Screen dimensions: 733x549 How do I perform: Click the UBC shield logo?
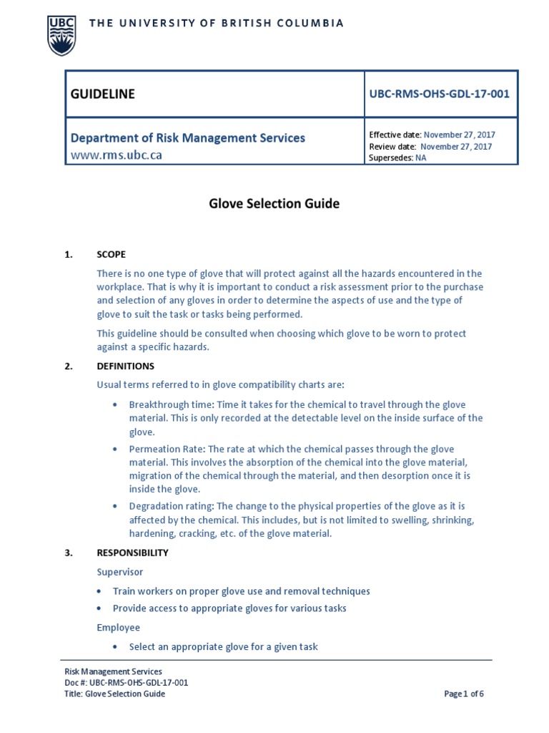(x=60, y=35)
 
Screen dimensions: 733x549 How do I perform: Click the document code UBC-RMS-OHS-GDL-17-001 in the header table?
(x=439, y=94)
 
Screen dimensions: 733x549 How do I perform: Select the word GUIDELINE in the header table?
(x=102, y=94)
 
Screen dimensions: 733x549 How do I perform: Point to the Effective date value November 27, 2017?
(x=459, y=135)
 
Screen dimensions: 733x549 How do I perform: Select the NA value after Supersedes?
(x=420, y=158)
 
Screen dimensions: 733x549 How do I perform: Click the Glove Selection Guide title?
(x=274, y=204)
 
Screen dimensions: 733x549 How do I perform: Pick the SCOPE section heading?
(x=112, y=254)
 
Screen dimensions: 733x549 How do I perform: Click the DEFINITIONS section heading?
(x=125, y=366)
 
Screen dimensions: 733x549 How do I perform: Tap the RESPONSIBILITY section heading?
(x=132, y=553)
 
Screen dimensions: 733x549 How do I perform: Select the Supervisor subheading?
(x=120, y=572)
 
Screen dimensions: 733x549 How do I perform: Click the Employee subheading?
(x=119, y=628)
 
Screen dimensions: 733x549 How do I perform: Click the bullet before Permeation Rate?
(x=116, y=450)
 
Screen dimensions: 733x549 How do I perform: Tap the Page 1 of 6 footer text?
(x=464, y=694)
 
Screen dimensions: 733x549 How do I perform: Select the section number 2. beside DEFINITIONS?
(x=69, y=366)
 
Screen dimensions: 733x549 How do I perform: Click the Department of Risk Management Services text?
(x=187, y=137)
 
